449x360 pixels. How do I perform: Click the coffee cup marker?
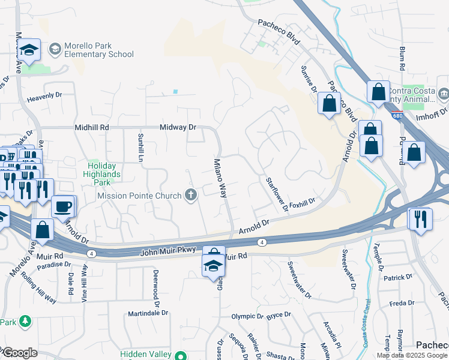[x=64, y=206]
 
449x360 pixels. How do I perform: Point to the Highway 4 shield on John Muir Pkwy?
[x=262, y=242]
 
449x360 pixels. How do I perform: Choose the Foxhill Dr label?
[x=302, y=205]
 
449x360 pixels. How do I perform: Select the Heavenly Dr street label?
[x=44, y=95]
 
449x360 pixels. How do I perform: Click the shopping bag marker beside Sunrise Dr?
[x=329, y=103]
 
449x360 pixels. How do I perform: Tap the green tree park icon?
[x=25, y=322]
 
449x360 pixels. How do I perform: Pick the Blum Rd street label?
[x=402, y=57]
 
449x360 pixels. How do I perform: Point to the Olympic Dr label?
[x=247, y=316]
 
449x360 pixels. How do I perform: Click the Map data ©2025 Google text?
[x=412, y=355]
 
